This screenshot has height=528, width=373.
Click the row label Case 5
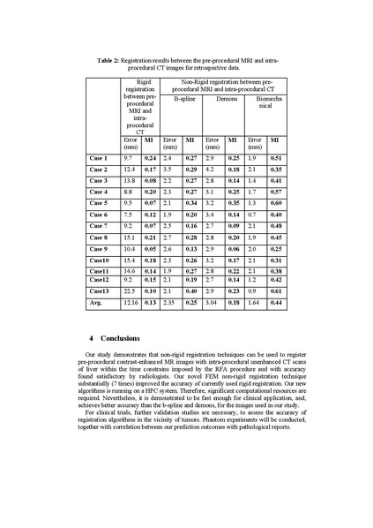click(99, 203)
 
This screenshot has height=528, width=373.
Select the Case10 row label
click(99, 260)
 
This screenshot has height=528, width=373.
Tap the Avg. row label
click(96, 303)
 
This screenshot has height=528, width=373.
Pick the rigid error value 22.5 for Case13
click(131, 290)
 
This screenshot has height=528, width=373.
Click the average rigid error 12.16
click(131, 303)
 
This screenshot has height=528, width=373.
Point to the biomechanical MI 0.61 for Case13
click(276, 290)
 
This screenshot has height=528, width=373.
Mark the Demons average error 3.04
click(213, 303)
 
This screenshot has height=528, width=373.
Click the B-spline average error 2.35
click(172, 303)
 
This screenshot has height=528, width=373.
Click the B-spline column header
click(183, 100)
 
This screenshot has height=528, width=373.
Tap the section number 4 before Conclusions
click(92, 338)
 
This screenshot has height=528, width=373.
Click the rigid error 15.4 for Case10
click(131, 260)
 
